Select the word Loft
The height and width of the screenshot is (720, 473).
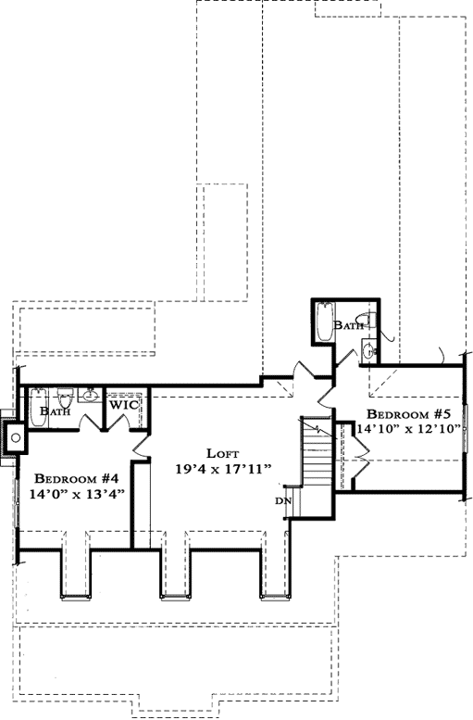(x=222, y=453)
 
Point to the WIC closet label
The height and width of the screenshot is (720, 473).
(x=124, y=405)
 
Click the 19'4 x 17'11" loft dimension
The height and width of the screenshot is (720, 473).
(x=222, y=469)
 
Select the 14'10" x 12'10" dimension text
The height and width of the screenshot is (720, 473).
(x=407, y=429)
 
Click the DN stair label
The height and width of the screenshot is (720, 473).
(x=282, y=501)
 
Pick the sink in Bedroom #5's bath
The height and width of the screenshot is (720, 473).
(x=368, y=350)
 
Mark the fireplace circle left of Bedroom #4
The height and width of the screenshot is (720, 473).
(x=16, y=438)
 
